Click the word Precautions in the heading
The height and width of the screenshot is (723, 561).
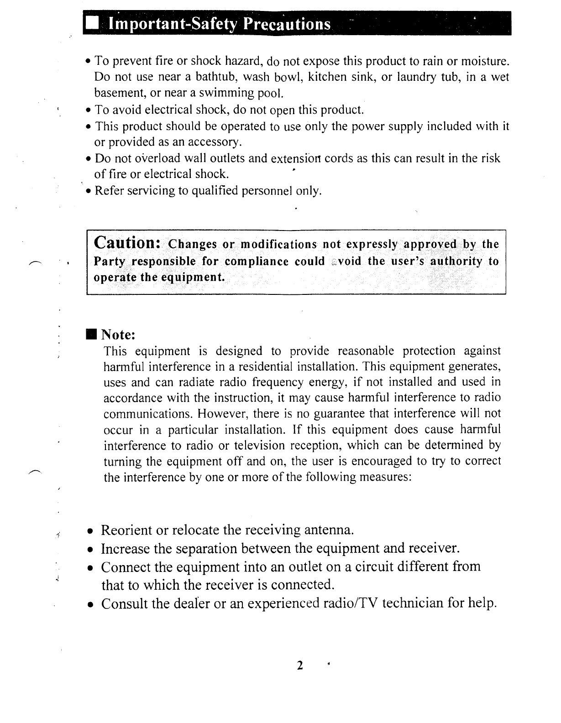coord(287,24)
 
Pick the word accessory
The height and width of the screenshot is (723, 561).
coord(213,142)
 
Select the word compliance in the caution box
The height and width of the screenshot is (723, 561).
coord(257,262)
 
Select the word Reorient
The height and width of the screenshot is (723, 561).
coord(126,530)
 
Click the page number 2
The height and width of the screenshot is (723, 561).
coord(299,665)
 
